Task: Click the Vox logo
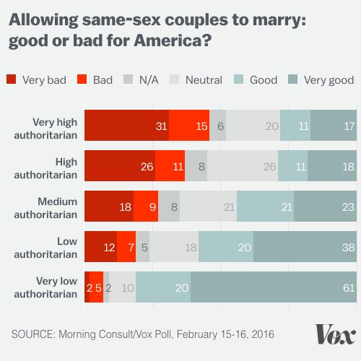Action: (335, 334)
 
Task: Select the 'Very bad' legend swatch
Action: (12, 79)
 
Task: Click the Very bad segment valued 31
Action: (126, 126)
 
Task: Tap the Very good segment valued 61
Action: (273, 287)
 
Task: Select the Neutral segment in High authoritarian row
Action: (243, 165)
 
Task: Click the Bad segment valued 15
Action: (189, 126)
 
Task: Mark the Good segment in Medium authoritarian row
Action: (265, 206)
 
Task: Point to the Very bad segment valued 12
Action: (100, 246)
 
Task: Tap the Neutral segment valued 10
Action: (122, 287)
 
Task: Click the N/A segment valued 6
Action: (218, 126)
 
